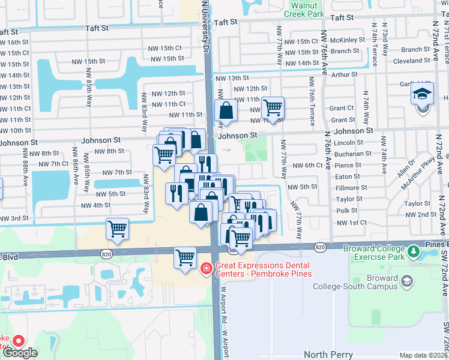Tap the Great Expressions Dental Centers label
coord(262,269)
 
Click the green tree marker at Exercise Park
coord(413,251)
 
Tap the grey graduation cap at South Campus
coord(407,281)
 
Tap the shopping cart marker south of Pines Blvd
coord(185,258)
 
